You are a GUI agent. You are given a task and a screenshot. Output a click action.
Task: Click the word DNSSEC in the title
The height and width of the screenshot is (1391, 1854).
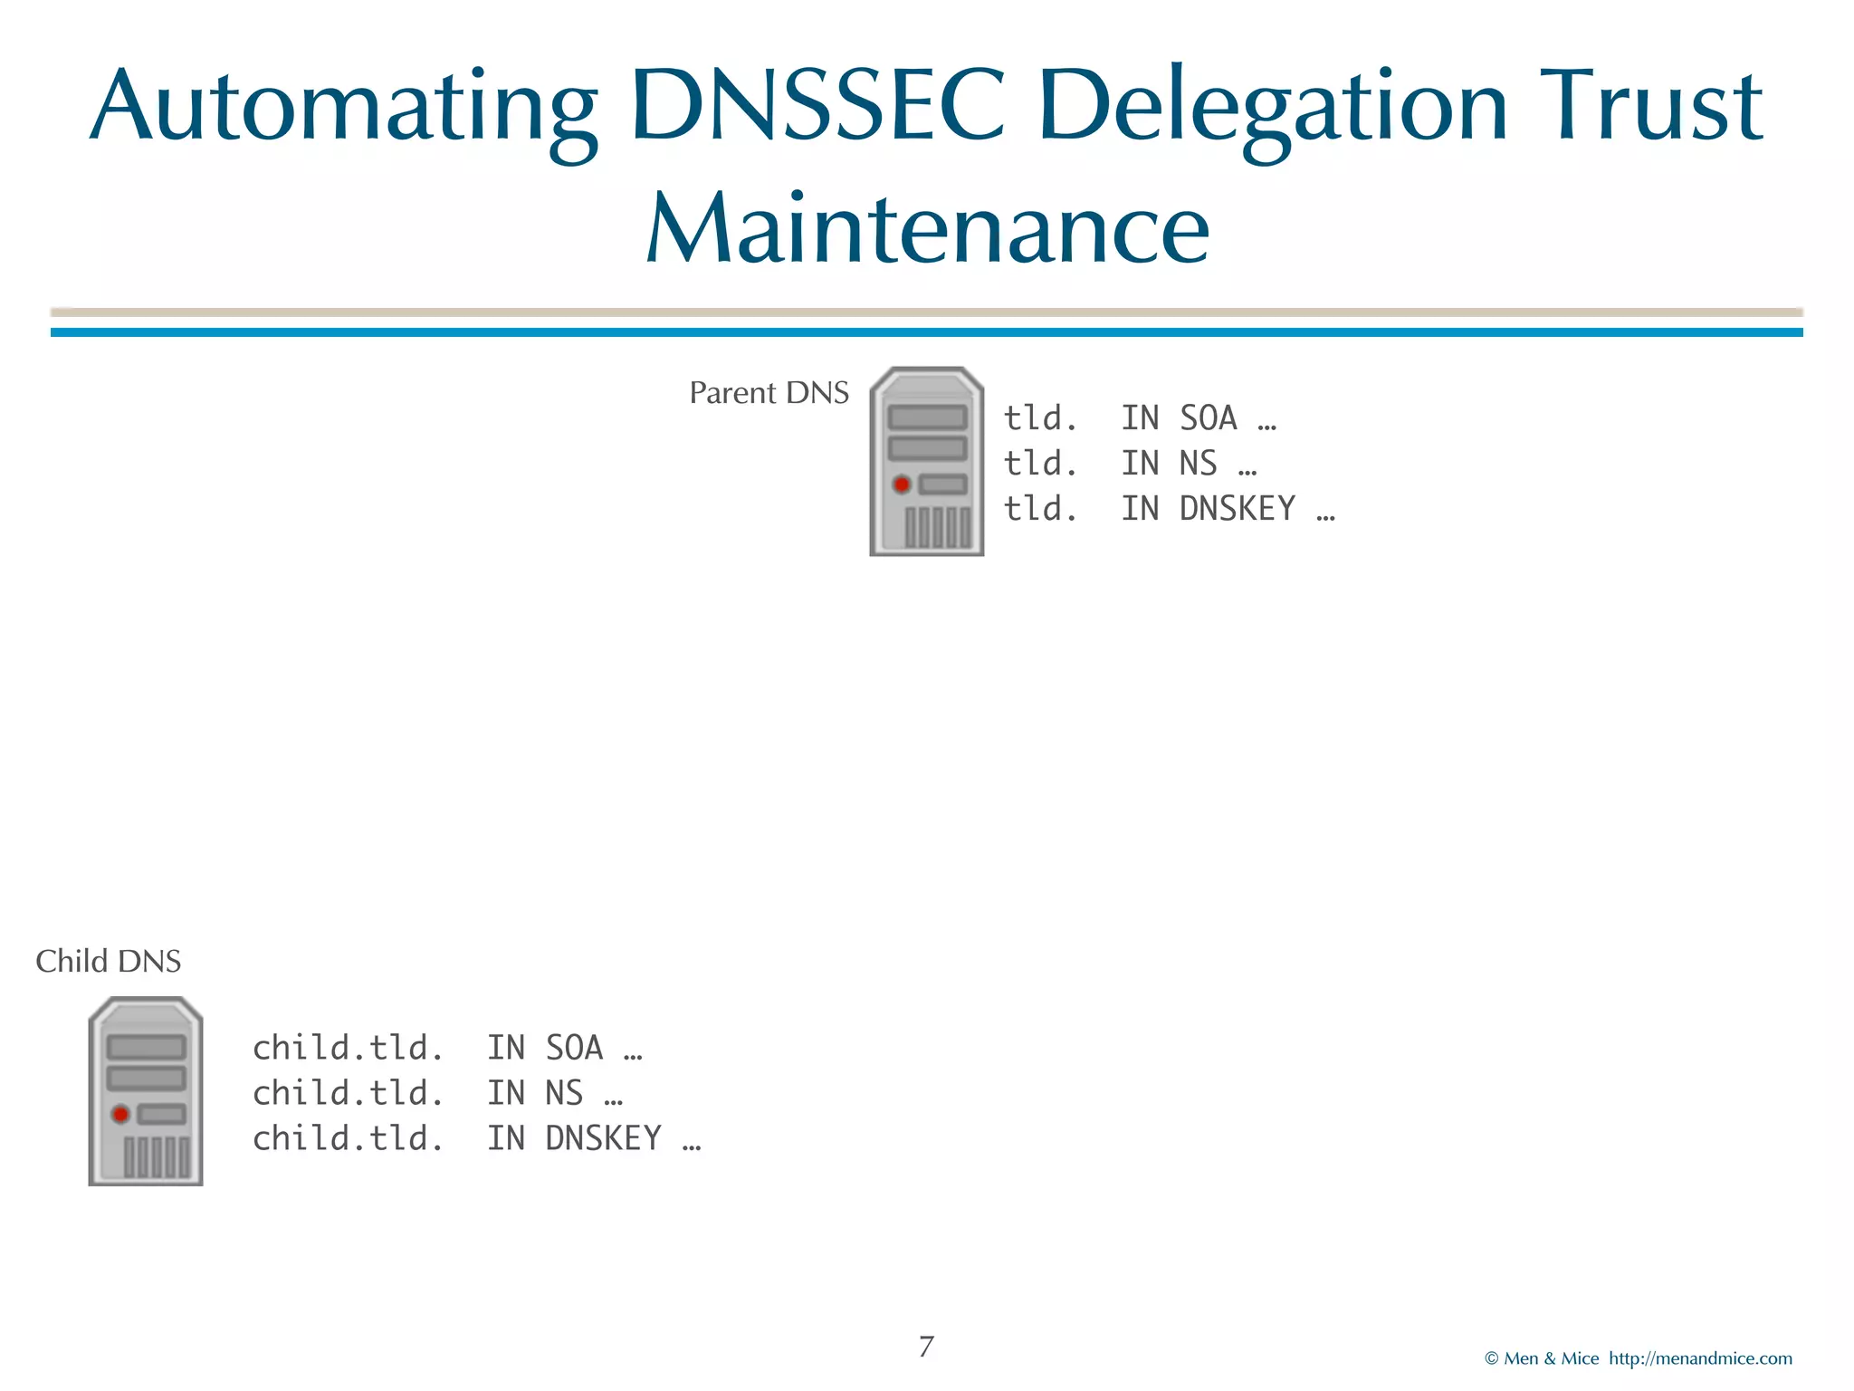(x=818, y=107)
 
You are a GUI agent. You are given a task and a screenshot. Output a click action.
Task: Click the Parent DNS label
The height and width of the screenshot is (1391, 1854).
(x=769, y=393)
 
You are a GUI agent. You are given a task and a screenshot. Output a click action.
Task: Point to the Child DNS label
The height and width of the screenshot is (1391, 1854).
(x=108, y=961)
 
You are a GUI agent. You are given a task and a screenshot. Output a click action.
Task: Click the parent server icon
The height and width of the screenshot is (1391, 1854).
(x=926, y=461)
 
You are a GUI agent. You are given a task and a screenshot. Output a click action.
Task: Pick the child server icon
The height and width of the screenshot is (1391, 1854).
(x=146, y=1091)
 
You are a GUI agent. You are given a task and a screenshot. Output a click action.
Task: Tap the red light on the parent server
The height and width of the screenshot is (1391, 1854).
(x=902, y=484)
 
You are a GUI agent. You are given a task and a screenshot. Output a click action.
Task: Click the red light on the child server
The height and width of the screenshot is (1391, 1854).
(x=120, y=1114)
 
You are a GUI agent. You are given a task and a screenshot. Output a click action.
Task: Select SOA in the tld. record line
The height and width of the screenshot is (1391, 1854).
(x=1208, y=418)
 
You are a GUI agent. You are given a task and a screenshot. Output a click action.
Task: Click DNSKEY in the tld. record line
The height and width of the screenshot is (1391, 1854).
(x=1237, y=509)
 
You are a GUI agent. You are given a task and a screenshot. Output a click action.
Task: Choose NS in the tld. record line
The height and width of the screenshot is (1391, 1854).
(x=1198, y=464)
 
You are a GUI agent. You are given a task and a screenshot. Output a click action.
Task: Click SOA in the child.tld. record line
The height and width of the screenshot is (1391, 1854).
(x=574, y=1049)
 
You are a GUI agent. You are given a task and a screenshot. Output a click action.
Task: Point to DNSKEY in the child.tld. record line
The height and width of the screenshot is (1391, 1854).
(x=603, y=1139)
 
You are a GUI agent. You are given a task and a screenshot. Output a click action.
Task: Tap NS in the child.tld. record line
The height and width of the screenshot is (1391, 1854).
(x=564, y=1094)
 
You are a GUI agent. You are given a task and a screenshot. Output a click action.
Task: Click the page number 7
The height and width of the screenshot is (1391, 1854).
(x=926, y=1347)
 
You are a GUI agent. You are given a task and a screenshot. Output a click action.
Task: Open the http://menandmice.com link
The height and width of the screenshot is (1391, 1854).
(x=1700, y=1358)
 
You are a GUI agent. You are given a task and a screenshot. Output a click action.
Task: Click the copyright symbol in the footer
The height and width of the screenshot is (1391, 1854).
(x=1491, y=1358)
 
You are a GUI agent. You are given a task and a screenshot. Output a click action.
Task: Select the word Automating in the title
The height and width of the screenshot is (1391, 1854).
(x=344, y=107)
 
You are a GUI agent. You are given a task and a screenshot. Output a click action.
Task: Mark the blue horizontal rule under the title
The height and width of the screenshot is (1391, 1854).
(x=926, y=332)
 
